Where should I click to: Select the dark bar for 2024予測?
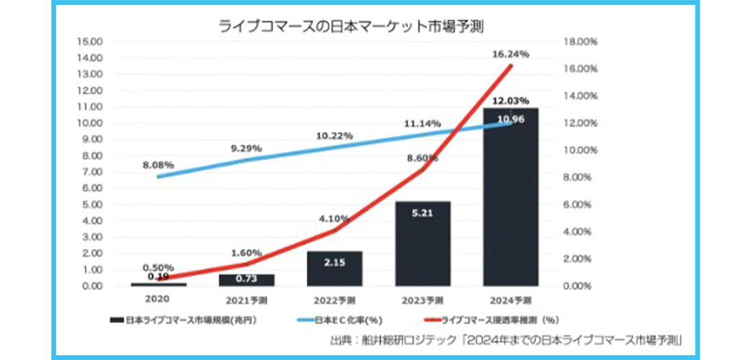(x=511, y=205)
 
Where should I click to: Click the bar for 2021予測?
(x=246, y=280)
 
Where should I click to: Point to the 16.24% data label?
(x=511, y=53)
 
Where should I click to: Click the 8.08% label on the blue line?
(x=159, y=165)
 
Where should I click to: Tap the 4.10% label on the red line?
(x=334, y=219)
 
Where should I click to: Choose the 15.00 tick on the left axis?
(x=91, y=42)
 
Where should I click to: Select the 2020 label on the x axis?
(x=158, y=299)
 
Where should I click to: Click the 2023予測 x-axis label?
(x=422, y=300)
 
